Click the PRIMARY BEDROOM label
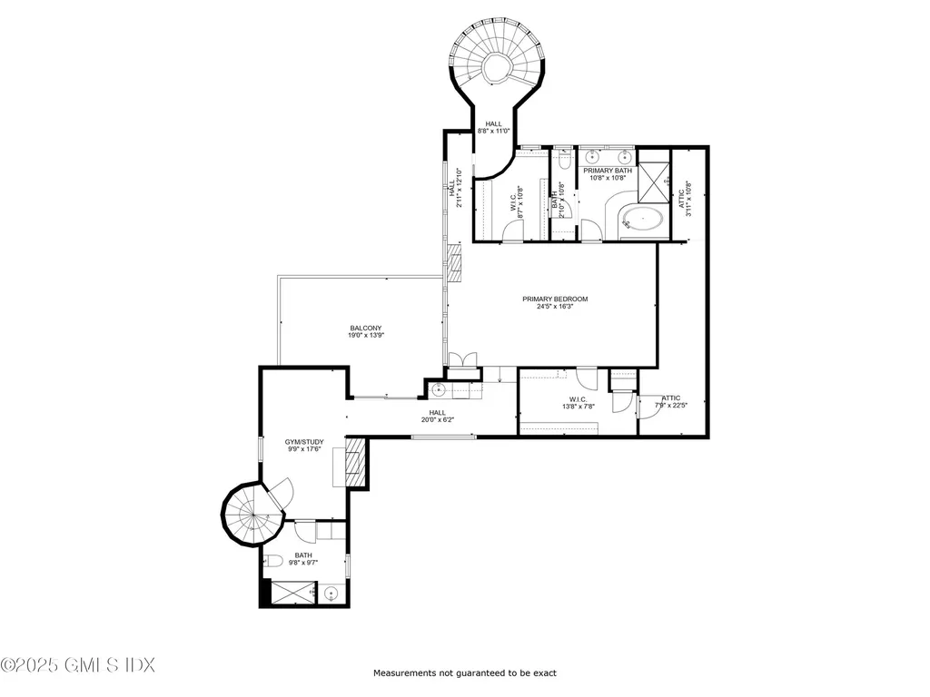(555, 299)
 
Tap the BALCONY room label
(365, 329)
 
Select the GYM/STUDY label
(304, 442)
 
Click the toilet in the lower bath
(273, 560)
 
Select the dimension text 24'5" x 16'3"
(555, 307)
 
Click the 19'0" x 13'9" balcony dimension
(365, 336)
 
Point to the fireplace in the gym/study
(356, 462)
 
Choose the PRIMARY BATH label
(608, 171)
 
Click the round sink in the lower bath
(331, 593)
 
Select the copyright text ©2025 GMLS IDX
(78, 665)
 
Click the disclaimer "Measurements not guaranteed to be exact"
(465, 673)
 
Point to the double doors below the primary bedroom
(462, 360)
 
